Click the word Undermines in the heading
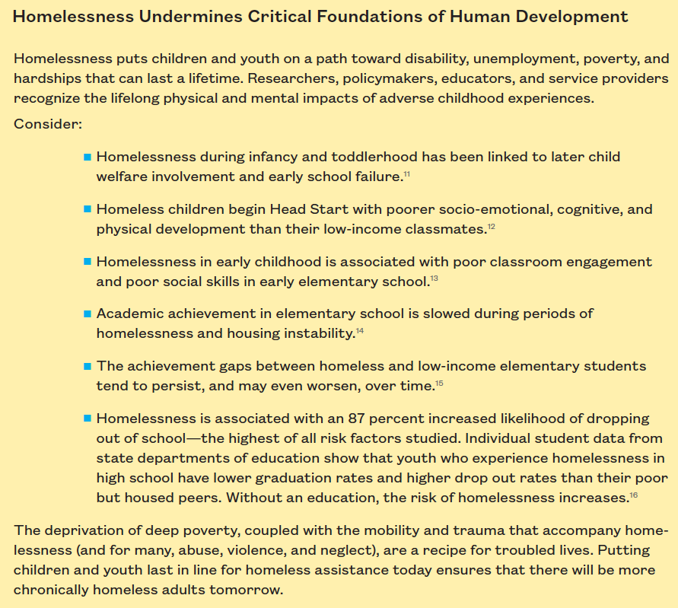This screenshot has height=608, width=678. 186,17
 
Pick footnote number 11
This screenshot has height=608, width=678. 407,175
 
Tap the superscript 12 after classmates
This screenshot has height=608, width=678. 491,227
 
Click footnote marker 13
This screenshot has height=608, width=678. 434,279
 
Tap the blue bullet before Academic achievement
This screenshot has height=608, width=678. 88,314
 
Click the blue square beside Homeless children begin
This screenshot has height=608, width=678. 88,209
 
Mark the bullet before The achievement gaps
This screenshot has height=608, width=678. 88,366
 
